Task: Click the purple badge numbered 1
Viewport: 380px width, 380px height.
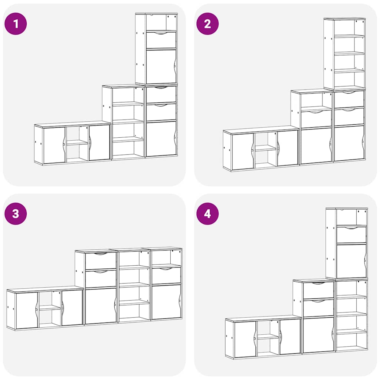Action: [x=16, y=24]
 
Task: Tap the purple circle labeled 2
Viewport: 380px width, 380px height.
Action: [x=207, y=24]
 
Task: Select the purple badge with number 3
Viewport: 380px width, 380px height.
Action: [x=16, y=213]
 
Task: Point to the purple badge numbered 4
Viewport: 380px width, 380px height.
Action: [x=207, y=213]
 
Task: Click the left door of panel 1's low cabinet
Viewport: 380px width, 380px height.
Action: [x=54, y=145]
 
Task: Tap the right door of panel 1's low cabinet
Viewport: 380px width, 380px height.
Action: [x=99, y=143]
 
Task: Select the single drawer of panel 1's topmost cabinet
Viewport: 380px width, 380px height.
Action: [x=161, y=40]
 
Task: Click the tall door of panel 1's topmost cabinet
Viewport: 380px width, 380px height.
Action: [x=161, y=66]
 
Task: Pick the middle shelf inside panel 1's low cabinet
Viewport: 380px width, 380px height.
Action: [x=77, y=142]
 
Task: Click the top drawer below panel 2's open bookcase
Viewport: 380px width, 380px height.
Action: [x=349, y=99]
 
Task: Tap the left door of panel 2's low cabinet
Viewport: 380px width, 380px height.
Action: [x=243, y=151]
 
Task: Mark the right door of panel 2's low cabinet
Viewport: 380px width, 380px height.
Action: [x=288, y=148]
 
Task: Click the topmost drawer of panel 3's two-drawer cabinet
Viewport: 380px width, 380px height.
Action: [x=101, y=261]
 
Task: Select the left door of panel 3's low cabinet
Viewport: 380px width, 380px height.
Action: [x=27, y=310]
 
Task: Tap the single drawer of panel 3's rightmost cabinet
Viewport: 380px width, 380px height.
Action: [x=166, y=275]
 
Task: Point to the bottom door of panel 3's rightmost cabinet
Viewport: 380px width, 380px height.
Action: [x=166, y=302]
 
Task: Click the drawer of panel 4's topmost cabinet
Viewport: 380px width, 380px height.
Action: [x=351, y=235]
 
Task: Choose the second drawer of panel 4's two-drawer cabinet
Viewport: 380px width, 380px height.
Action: [x=318, y=308]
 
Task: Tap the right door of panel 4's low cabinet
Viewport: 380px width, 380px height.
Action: [x=290, y=336]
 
